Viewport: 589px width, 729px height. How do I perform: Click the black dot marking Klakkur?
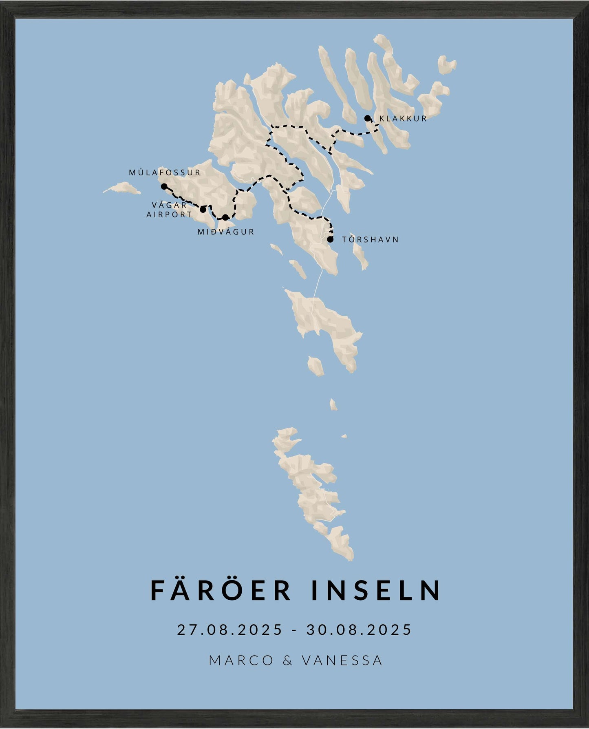[x=367, y=118]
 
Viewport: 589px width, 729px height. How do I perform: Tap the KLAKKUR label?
[x=403, y=119]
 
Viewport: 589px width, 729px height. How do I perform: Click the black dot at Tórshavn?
[x=330, y=239]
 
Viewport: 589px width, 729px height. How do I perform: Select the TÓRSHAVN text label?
[x=370, y=239]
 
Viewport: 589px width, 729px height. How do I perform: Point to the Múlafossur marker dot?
[x=164, y=186]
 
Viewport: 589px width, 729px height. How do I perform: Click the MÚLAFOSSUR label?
[x=165, y=172]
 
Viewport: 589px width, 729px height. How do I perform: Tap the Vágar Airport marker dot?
[x=203, y=210]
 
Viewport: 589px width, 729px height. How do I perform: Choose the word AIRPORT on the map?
[x=169, y=214]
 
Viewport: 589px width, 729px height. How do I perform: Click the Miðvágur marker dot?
[x=225, y=217]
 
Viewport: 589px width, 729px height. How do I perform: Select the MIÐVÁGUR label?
[x=226, y=232]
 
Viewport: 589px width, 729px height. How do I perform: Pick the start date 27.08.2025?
[x=229, y=630]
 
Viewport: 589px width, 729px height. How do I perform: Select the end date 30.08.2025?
[x=359, y=630]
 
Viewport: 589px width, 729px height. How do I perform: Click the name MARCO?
[x=241, y=660]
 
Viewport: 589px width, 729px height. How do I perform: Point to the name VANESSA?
[x=342, y=660]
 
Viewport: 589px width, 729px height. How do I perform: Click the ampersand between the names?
[x=287, y=660]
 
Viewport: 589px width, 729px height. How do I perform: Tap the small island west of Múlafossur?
[x=122, y=188]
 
